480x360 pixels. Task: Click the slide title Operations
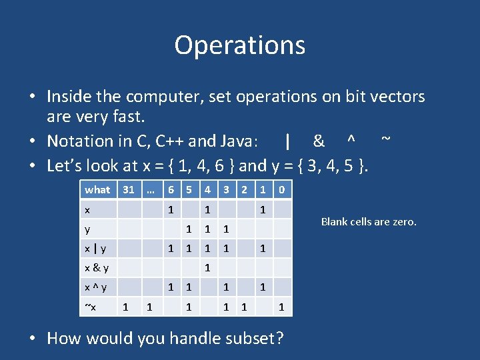click(240, 45)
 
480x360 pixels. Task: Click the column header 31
click(128, 190)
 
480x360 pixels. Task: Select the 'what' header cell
click(97, 190)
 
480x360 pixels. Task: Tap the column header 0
click(281, 190)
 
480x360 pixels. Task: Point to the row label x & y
click(97, 268)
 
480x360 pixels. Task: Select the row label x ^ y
click(96, 287)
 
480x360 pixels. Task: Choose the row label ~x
click(90, 307)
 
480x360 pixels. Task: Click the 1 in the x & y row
click(208, 268)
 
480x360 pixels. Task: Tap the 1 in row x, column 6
click(171, 210)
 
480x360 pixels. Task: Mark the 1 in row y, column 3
click(226, 229)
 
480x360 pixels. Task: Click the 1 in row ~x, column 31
click(125, 307)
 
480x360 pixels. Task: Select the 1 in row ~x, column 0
click(281, 307)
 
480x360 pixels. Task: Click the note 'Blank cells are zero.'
click(369, 222)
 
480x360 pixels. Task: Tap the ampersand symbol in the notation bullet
click(319, 141)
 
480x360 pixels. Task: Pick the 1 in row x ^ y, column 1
click(263, 287)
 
